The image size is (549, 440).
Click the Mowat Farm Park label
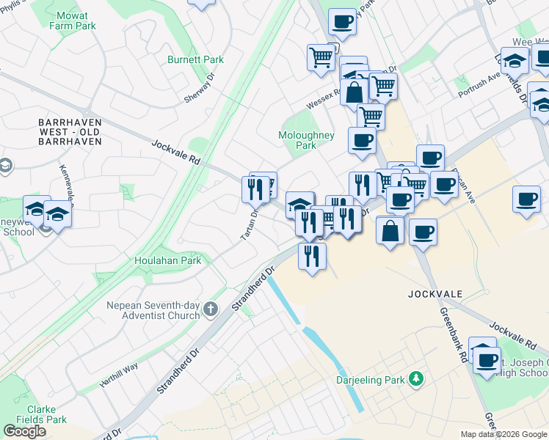pyautogui.click(x=73, y=21)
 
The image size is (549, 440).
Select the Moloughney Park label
pyautogui.click(x=306, y=140)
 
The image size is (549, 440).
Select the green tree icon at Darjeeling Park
pyautogui.click(x=417, y=378)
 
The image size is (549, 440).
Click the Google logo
pyautogui.click(x=25, y=431)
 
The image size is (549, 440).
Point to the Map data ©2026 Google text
pyautogui.click(x=503, y=434)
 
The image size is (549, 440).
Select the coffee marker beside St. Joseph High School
pyautogui.click(x=487, y=360)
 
